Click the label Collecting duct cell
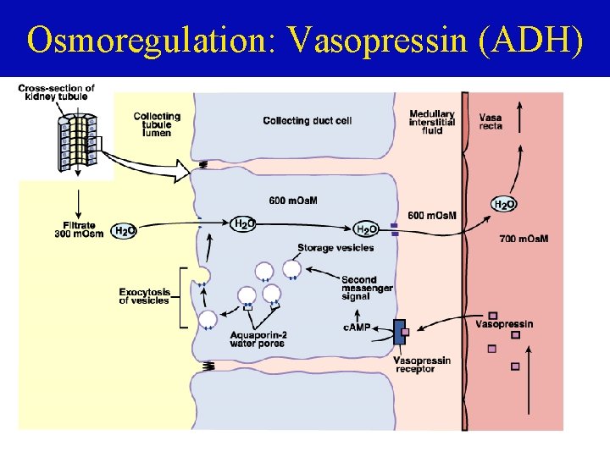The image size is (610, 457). [308, 121]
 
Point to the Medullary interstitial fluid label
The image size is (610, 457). [432, 123]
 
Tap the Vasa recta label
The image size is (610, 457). [491, 121]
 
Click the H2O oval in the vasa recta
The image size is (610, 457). [505, 204]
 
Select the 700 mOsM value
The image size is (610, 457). [523, 239]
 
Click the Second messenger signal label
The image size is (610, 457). [367, 288]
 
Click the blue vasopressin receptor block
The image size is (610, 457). [400, 333]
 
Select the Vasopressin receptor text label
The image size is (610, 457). [422, 365]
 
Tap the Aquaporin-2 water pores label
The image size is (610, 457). [258, 338]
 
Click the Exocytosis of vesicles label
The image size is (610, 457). [145, 296]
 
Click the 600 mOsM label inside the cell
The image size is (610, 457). [293, 201]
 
